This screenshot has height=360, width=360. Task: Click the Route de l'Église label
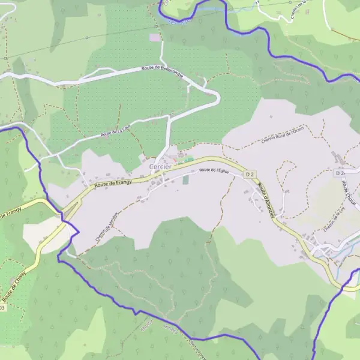click(214, 171)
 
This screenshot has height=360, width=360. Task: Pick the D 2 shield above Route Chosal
click(340, 173)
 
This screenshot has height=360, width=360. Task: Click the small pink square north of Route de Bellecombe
click(155, 37)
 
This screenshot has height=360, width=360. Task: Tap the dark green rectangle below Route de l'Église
click(185, 179)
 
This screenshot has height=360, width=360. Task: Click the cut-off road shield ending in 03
click(3, 308)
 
